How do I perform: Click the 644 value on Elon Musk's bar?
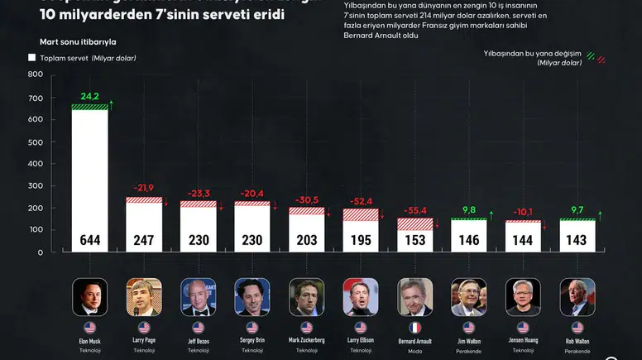[x=89, y=241]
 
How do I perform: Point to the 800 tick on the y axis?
[x=36, y=74]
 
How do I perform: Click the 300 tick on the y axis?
[x=36, y=186]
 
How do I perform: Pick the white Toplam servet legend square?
[x=32, y=58]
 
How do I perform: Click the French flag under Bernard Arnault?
[x=414, y=328]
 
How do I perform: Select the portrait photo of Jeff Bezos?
[x=198, y=296]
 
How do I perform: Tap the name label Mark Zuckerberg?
[x=306, y=340]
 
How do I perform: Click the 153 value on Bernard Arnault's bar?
[x=414, y=241]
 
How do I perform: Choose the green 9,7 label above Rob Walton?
[x=577, y=210]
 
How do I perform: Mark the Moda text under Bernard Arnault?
[x=414, y=350]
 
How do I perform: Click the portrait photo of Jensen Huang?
[x=523, y=296]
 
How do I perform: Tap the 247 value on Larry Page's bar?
[x=144, y=241]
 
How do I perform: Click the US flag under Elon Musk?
[x=89, y=328]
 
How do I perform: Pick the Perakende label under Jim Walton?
[x=468, y=350]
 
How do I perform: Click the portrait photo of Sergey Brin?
[x=252, y=296]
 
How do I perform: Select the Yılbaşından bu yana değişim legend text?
[x=533, y=52]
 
